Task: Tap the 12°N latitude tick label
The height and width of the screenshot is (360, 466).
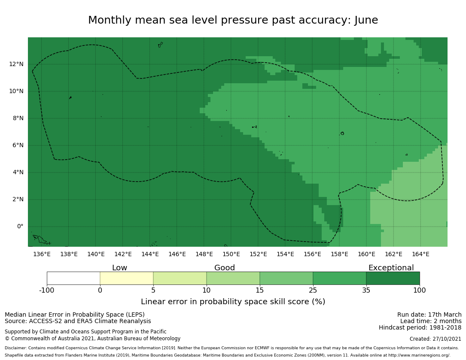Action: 16,64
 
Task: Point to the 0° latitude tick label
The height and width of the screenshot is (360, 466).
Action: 20,227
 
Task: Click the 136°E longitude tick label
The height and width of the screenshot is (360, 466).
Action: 42,254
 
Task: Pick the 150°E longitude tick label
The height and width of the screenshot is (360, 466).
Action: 231,254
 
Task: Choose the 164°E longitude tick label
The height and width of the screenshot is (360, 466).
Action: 420,254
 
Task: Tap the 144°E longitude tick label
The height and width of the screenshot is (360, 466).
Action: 150,254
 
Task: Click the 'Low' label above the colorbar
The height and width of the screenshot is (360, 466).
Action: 119,268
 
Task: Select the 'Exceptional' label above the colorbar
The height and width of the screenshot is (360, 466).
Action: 391,268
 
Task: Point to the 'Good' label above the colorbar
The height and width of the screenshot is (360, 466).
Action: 225,268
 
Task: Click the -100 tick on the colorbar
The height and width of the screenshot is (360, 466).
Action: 47,290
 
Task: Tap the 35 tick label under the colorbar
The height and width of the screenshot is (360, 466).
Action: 366,290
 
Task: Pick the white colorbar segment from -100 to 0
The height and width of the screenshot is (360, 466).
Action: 73,278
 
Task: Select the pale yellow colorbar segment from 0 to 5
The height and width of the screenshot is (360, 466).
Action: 127,278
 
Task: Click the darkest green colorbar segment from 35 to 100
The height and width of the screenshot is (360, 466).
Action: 393,278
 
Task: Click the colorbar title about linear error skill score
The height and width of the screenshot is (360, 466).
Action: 233,302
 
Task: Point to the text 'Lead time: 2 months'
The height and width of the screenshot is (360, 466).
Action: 431,321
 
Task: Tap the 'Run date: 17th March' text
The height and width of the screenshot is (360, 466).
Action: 429,315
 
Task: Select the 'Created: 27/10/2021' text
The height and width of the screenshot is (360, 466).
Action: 436,339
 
